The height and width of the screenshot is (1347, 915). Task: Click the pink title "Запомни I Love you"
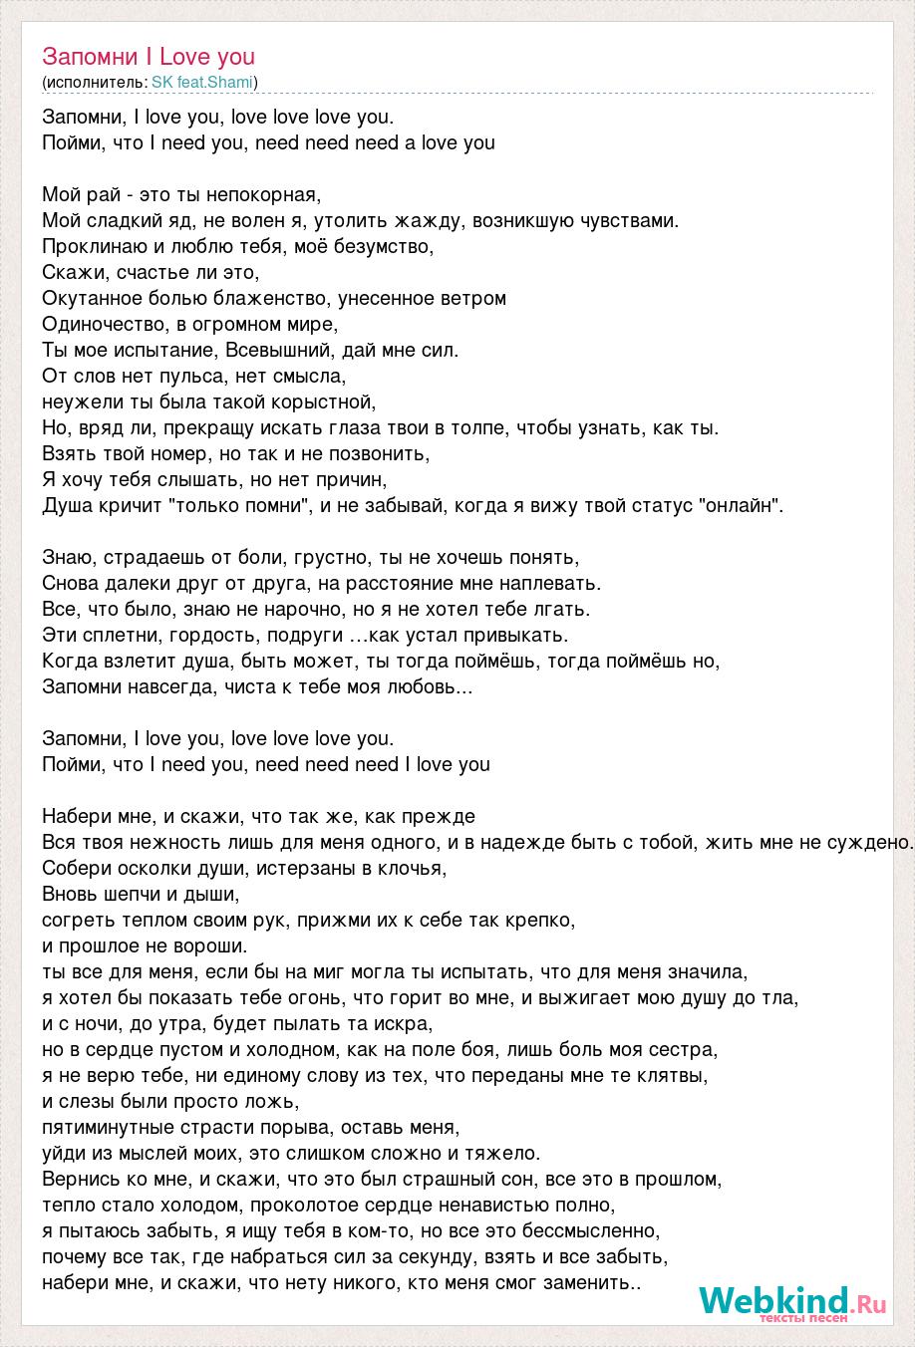[149, 57]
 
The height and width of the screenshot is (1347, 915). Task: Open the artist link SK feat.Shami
[202, 82]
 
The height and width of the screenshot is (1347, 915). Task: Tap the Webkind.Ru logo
[792, 1299]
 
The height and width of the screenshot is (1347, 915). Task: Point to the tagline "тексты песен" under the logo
[803, 1318]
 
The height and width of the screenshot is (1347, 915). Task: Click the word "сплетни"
[119, 635]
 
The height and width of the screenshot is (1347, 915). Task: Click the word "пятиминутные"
[105, 1127]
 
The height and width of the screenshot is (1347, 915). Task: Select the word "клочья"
[413, 868]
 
